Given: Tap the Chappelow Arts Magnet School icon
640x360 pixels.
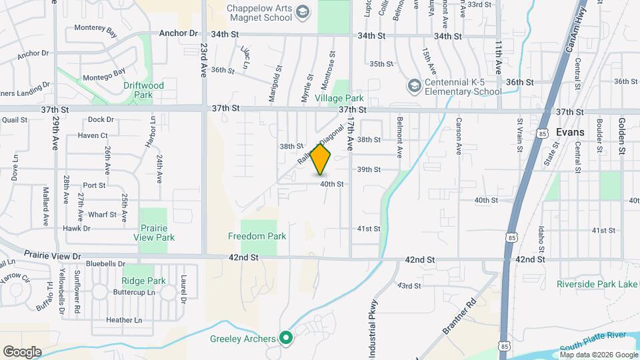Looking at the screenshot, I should (303, 12).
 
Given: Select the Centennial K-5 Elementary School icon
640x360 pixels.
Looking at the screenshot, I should (415, 86).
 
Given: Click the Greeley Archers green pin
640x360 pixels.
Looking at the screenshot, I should (286, 338).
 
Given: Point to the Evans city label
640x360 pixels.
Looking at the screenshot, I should (570, 132).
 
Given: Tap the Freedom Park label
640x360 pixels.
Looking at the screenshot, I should (257, 236).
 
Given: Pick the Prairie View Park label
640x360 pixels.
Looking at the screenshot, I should (154, 233).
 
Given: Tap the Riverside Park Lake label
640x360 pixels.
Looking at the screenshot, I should (597, 284).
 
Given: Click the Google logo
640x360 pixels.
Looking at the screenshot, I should (22, 351).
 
